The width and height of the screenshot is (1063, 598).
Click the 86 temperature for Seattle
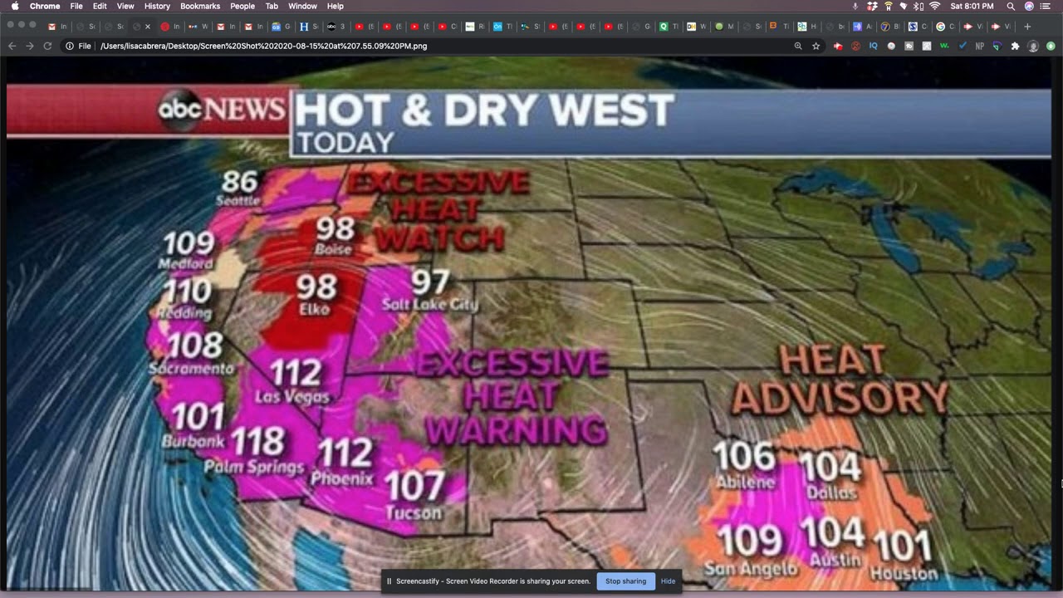(x=239, y=180)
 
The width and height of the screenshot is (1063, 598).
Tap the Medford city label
(x=187, y=264)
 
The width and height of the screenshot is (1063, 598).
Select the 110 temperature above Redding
(x=188, y=291)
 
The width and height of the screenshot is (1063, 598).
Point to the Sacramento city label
(x=191, y=368)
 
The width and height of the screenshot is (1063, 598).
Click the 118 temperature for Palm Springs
(x=257, y=441)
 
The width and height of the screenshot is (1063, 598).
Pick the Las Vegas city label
(x=291, y=397)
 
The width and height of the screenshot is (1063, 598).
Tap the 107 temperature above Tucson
(x=414, y=485)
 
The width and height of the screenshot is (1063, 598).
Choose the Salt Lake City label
(x=429, y=305)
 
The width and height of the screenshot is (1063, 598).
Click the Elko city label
(x=314, y=309)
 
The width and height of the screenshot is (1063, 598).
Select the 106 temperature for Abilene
(x=744, y=456)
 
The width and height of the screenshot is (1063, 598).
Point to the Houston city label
(x=904, y=573)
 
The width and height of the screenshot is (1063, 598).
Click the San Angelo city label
(x=750, y=568)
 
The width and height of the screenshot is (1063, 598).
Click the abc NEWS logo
(x=221, y=110)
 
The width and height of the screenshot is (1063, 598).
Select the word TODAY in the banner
(x=345, y=143)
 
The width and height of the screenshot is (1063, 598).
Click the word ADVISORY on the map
(x=839, y=398)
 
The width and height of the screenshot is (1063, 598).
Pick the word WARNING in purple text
(x=516, y=430)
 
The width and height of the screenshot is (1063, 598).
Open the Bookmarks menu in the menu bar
(x=199, y=6)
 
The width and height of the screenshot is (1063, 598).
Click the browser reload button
(x=47, y=46)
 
